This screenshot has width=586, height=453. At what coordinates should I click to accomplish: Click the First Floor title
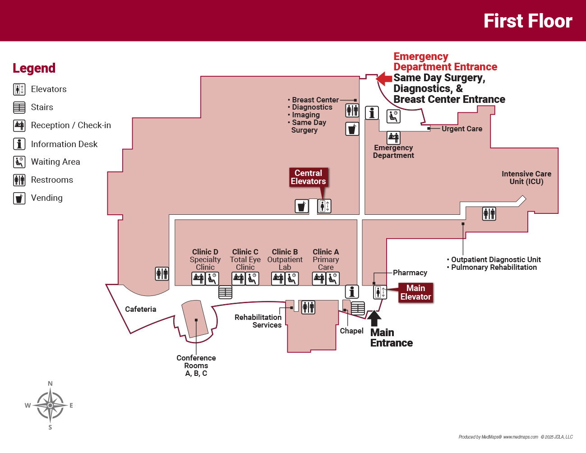(527, 21)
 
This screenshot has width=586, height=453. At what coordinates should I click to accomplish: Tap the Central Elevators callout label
(308, 177)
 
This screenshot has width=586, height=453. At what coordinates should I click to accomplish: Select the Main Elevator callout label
(415, 292)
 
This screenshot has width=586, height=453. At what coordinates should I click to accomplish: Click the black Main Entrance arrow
(374, 318)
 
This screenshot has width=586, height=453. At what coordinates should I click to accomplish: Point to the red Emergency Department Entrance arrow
(384, 79)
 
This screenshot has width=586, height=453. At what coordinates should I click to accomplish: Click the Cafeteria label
(140, 309)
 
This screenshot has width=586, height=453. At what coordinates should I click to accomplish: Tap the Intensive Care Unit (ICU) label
(526, 178)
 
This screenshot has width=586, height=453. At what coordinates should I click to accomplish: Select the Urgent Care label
(461, 129)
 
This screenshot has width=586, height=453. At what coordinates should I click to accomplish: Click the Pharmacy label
(410, 273)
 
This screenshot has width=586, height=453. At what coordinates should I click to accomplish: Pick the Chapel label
(351, 331)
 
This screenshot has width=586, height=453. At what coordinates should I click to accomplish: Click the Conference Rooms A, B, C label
(196, 365)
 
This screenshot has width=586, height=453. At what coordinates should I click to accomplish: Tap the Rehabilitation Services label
(258, 321)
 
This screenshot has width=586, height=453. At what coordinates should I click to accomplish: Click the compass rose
(50, 405)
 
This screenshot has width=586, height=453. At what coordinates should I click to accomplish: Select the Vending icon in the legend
(19, 198)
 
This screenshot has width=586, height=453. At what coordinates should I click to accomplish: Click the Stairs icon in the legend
(19, 107)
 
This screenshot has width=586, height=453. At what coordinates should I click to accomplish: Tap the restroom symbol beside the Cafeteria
(162, 273)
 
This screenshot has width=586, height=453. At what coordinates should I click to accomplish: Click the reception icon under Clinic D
(198, 278)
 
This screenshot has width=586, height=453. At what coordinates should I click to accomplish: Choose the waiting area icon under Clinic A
(332, 278)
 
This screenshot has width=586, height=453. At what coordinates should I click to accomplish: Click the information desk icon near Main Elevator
(352, 291)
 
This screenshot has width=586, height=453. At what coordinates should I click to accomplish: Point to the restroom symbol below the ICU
(489, 213)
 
